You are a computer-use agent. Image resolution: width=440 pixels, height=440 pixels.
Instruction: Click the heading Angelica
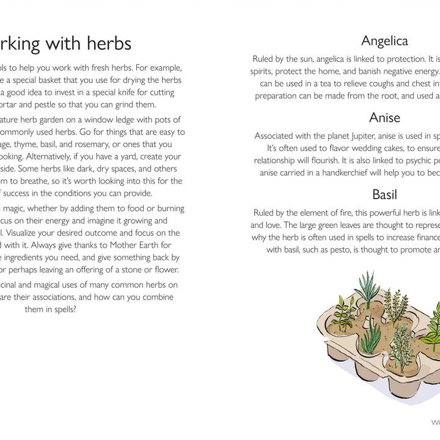coord(384,41)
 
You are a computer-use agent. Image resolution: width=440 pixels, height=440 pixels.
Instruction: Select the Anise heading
coord(384,117)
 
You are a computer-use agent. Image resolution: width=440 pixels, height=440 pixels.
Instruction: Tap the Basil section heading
coord(384,194)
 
